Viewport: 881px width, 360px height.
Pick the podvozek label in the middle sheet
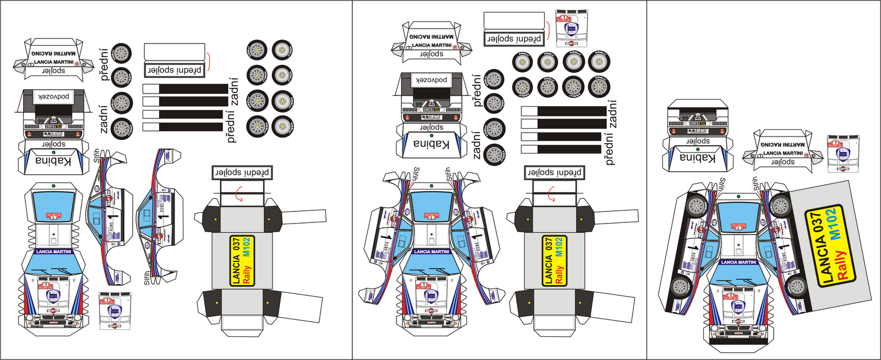point(431,80)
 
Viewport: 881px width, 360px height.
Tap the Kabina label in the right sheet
point(697,158)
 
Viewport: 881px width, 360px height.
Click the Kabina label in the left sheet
point(53,161)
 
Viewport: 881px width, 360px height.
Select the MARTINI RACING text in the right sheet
point(782,145)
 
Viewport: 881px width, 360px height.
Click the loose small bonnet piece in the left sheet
point(115,310)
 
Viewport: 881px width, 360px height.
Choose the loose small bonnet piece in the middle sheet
point(571,28)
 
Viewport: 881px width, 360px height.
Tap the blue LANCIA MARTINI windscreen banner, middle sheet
point(431,252)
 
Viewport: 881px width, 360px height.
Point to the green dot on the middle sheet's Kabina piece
point(432,135)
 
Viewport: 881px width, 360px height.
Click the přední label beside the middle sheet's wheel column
point(477,91)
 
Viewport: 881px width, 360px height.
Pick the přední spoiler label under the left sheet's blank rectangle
point(175,70)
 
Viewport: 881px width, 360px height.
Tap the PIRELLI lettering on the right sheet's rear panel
point(697,132)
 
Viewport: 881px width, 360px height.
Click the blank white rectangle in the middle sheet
point(514,21)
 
